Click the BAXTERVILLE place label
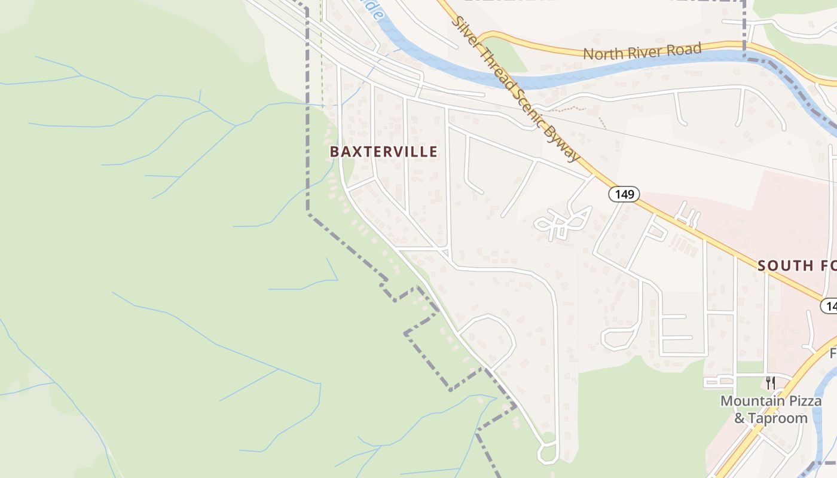click(383, 152)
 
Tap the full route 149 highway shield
click(624, 194)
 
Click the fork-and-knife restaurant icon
click(771, 382)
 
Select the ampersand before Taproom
click(740, 418)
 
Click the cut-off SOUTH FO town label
click(797, 266)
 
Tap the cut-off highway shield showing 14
click(830, 306)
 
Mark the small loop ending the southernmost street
click(548, 452)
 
